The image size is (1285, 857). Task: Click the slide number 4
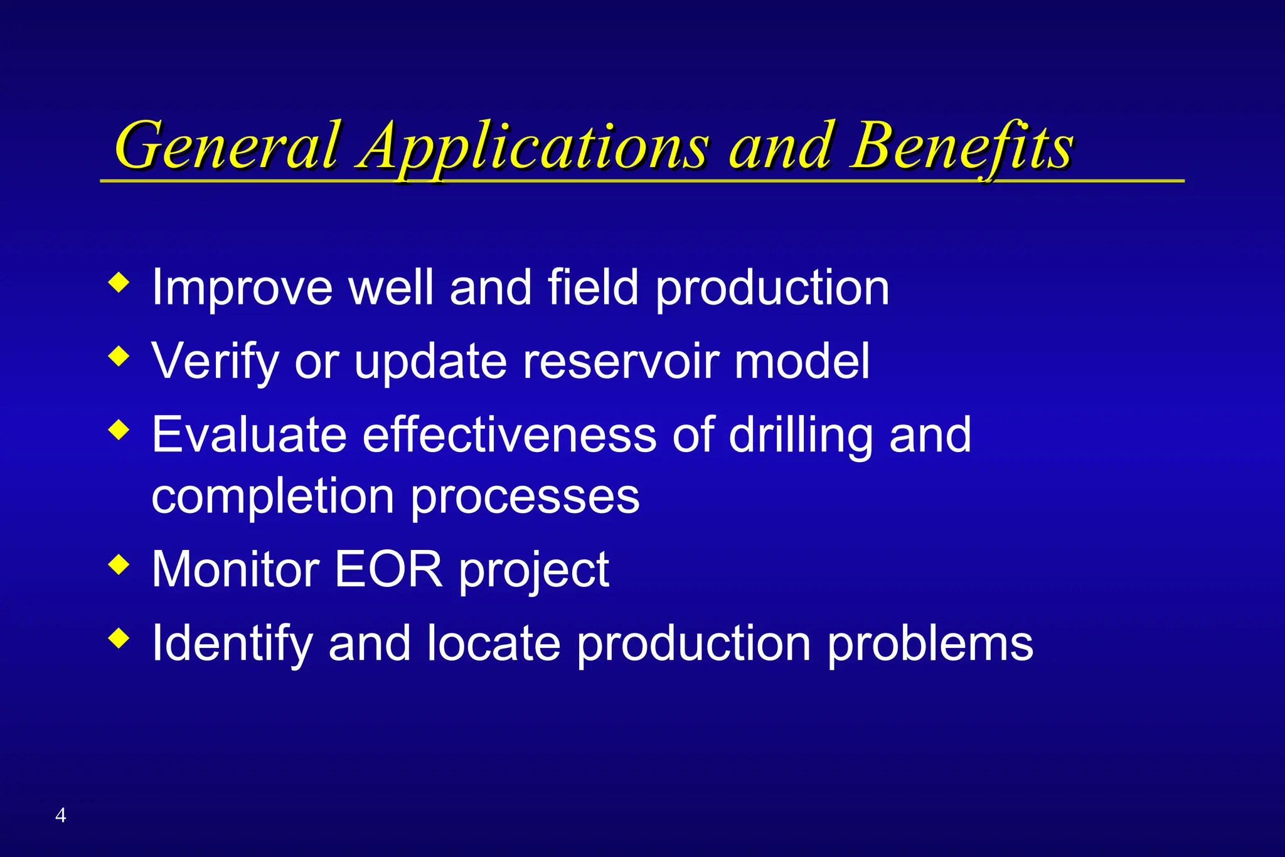point(60,815)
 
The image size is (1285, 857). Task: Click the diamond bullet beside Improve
point(119,283)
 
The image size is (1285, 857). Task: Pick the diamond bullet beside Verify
point(119,357)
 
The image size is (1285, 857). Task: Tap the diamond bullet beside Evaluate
point(119,430)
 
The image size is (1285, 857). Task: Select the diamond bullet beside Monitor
point(119,565)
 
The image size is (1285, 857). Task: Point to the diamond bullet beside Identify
point(119,639)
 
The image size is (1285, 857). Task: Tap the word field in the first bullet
point(593,288)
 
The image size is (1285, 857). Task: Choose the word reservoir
point(621,362)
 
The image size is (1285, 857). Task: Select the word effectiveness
point(509,435)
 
